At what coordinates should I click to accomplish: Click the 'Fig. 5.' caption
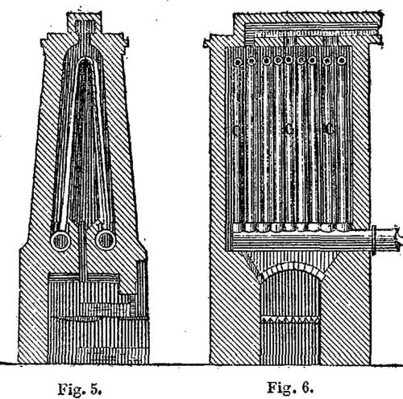point(80,389)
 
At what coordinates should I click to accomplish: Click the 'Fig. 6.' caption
point(290,387)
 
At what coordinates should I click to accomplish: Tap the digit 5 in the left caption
point(95,389)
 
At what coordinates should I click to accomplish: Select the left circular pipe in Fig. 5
point(60,241)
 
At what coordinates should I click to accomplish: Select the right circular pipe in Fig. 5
point(106,240)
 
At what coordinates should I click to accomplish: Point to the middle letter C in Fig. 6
point(288,130)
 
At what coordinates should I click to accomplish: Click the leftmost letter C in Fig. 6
point(236,130)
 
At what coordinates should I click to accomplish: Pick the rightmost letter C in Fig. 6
point(329,130)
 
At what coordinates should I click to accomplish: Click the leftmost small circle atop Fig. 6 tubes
point(238,62)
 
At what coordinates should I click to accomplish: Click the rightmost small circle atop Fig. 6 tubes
point(342,60)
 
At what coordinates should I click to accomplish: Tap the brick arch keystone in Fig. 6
point(292,266)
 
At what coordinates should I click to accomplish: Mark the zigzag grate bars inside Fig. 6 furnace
point(290,319)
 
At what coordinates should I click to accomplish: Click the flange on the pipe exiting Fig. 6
point(374,241)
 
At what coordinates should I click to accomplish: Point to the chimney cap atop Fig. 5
point(85,23)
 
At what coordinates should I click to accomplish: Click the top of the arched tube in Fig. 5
point(85,59)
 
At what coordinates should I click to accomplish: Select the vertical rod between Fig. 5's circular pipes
point(83,252)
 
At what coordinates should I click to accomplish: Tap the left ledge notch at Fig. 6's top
point(206,43)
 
